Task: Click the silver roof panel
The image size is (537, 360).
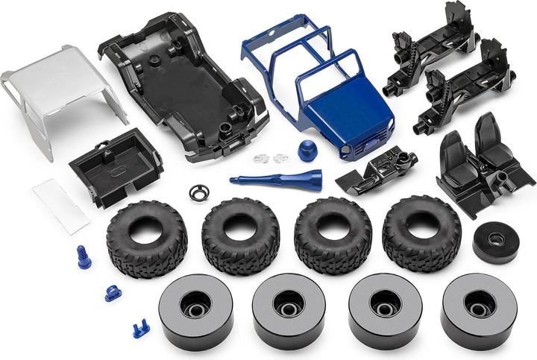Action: pyautogui.click(x=60, y=86)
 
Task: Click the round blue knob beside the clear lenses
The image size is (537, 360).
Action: pyautogui.click(x=307, y=148)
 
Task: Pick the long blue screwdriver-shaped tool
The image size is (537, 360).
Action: pyautogui.click(x=276, y=180)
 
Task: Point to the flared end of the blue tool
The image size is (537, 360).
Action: pyautogui.click(x=315, y=179)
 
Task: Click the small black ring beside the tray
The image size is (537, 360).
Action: pyautogui.click(x=199, y=192)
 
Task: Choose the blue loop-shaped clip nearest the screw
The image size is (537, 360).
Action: pyautogui.click(x=113, y=293)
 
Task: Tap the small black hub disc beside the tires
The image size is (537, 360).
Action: pyautogui.click(x=495, y=241)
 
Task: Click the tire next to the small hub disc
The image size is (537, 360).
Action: pyautogui.click(x=421, y=232)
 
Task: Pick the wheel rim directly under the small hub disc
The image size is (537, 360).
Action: pyautogui.click(x=478, y=309)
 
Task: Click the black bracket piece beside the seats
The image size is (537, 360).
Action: pyautogui.click(x=377, y=170)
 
